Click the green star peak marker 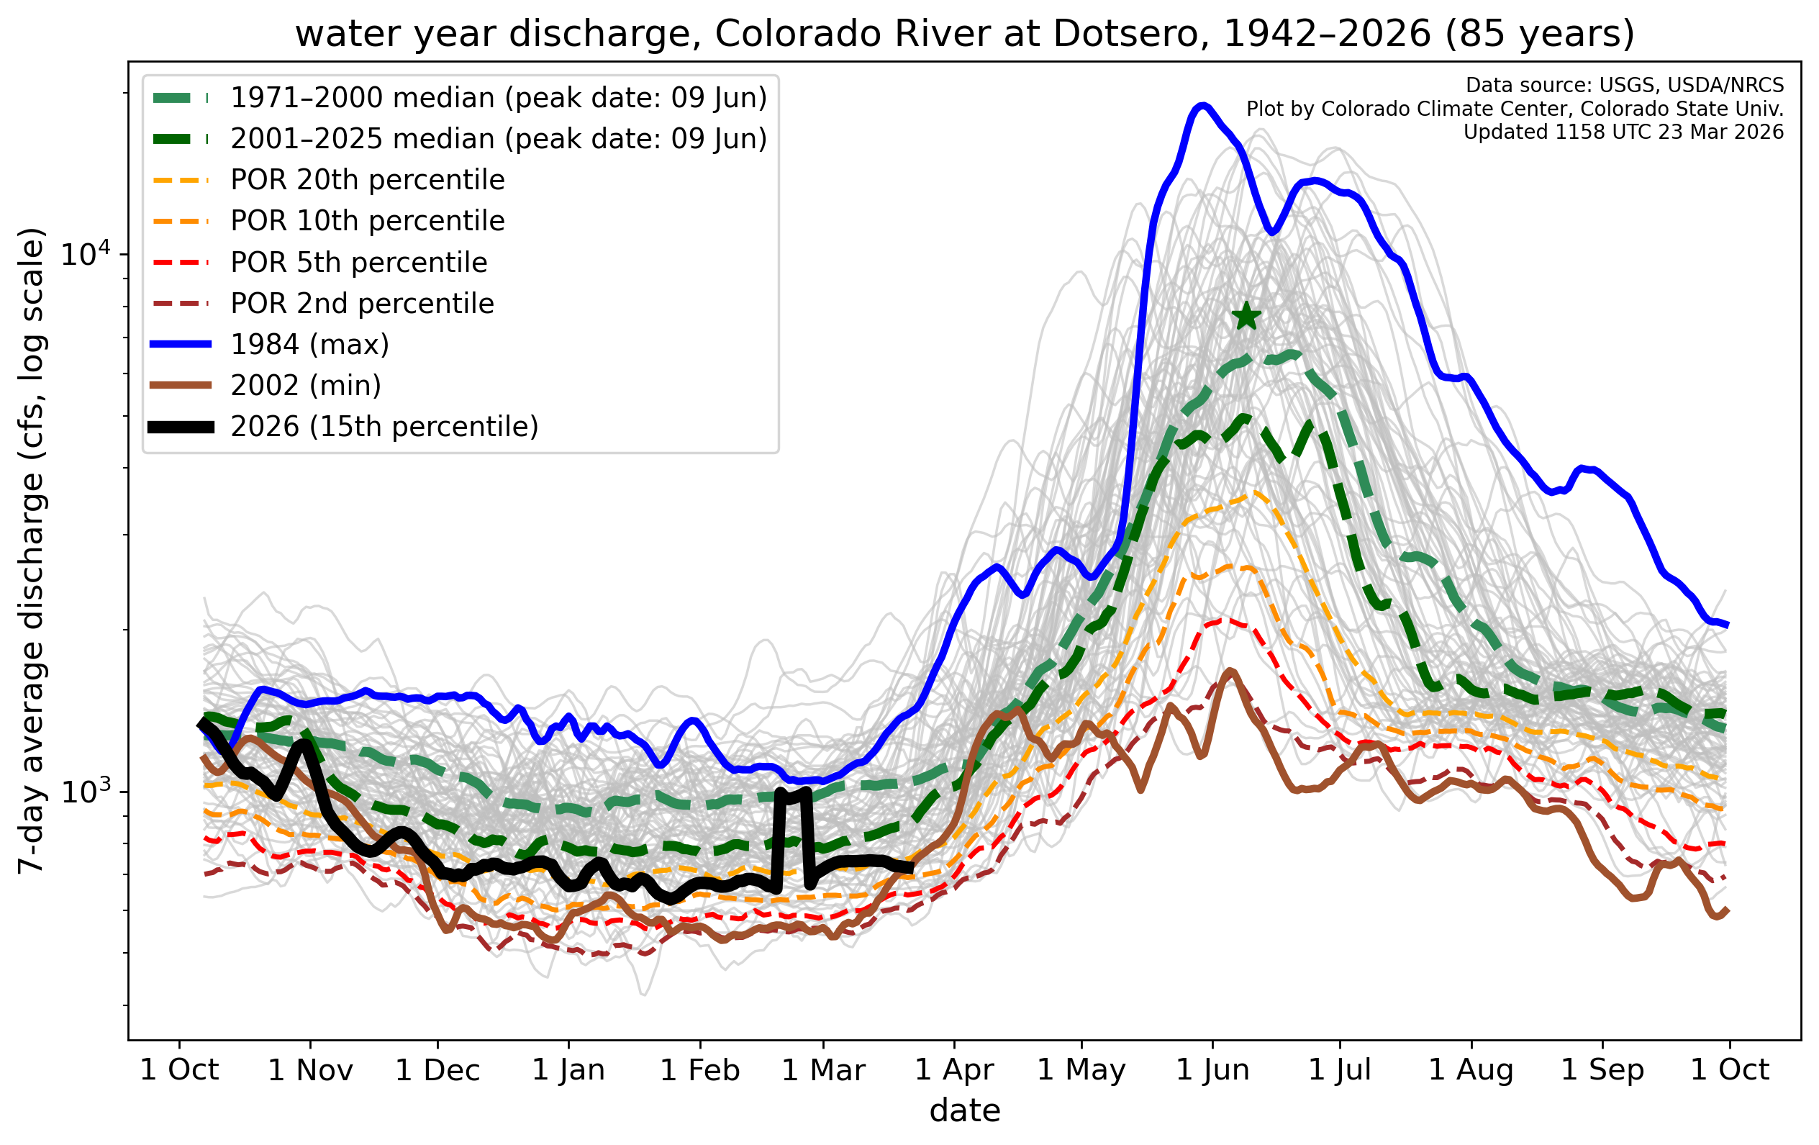click(1246, 317)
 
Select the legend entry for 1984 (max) click(309, 345)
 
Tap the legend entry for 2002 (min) click(305, 386)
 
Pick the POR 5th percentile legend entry click(359, 262)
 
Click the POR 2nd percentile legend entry click(362, 304)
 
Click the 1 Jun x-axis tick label click(1212, 1070)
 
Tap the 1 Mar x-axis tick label click(822, 1070)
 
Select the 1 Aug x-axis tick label click(1471, 1070)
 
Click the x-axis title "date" click(965, 1111)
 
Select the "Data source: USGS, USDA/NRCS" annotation click(1624, 86)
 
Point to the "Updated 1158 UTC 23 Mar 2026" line click(1623, 132)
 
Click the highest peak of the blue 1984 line click(1202, 105)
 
